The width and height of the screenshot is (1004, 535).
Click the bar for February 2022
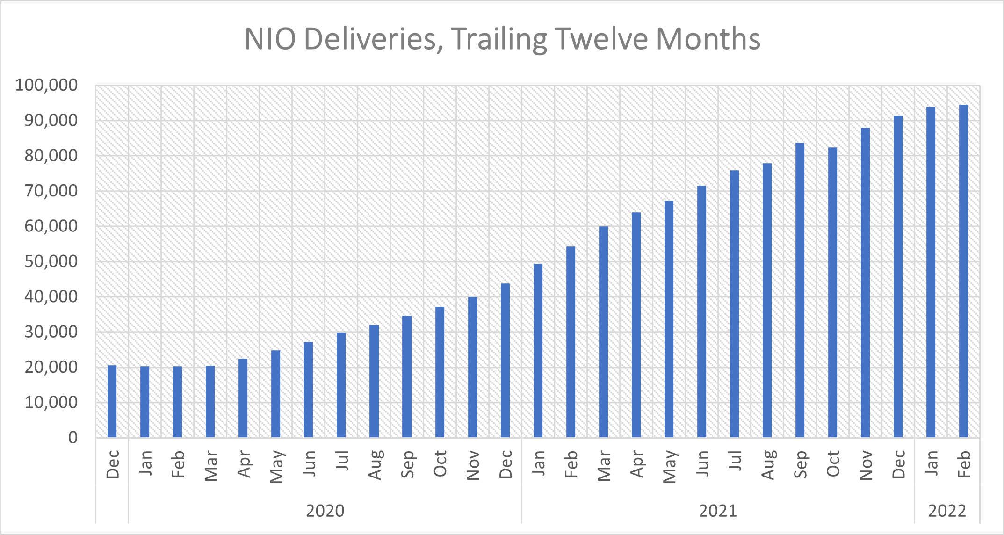pos(963,271)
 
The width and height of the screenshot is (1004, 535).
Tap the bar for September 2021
pos(800,290)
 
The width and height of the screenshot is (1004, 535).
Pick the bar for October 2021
pos(832,292)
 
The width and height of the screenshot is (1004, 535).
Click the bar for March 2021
pos(603,332)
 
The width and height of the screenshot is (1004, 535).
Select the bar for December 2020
pos(505,360)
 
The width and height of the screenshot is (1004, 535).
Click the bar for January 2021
pos(538,351)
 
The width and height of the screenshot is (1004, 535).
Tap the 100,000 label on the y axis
pos(46,85)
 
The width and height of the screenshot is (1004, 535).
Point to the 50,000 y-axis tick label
pos(51,261)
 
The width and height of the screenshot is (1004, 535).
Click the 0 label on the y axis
pos(73,438)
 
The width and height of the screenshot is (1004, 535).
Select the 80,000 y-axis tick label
pos(51,156)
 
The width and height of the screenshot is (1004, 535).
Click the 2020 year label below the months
pos(325,511)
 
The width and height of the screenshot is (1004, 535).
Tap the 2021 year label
pos(718,511)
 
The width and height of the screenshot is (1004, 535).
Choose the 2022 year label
pos(947,511)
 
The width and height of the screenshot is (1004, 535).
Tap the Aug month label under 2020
pos(375,465)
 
